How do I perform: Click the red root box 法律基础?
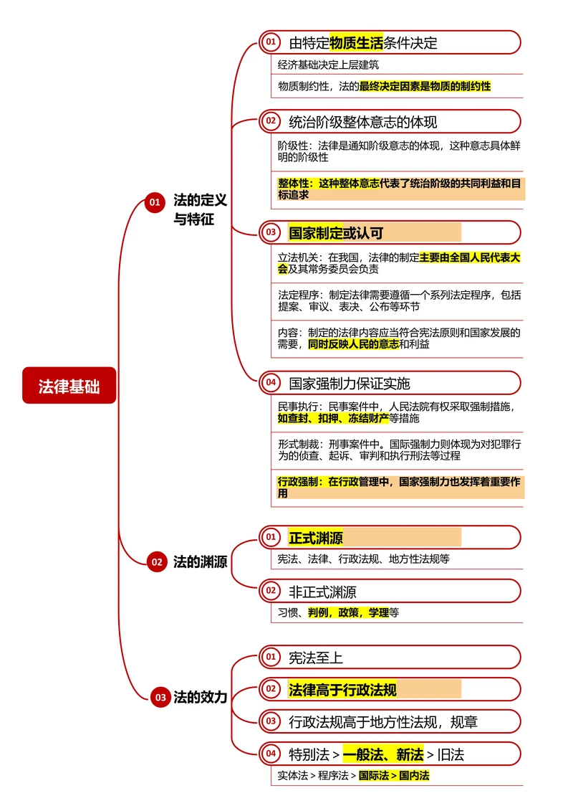point(69,386)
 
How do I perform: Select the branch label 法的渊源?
point(200,562)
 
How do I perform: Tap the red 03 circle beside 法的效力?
point(160,697)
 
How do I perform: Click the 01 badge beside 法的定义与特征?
point(154,203)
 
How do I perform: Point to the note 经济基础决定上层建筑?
point(328,65)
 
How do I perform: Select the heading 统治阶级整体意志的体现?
point(362,121)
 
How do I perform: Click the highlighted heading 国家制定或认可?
point(337,232)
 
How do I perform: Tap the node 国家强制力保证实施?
point(350,383)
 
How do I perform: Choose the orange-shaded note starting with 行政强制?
point(400,488)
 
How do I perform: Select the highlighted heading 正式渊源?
point(316,538)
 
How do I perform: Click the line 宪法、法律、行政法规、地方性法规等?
point(363,559)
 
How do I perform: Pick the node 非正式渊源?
point(322,592)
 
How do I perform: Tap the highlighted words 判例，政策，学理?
point(348,612)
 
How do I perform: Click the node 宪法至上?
point(316,657)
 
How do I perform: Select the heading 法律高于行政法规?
point(342,690)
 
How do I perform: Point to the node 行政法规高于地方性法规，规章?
point(382,721)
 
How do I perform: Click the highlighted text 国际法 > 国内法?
point(394,775)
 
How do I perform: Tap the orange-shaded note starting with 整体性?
point(400,189)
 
